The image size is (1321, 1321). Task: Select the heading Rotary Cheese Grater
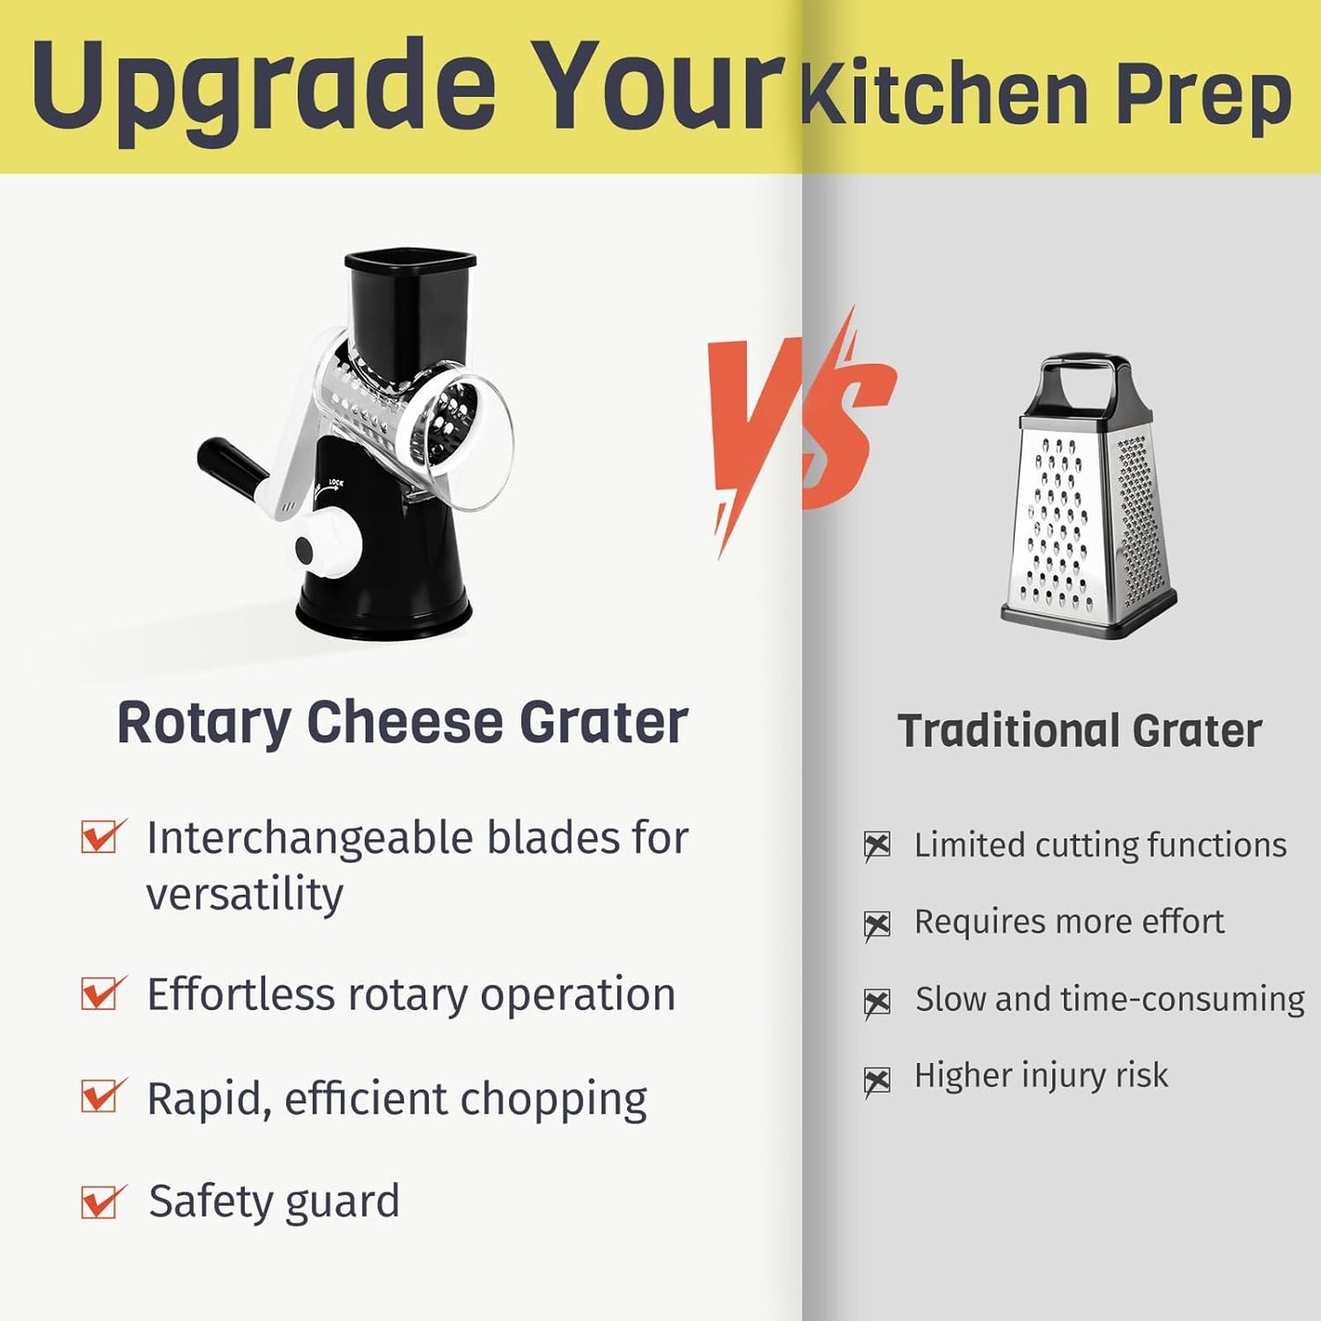point(402,722)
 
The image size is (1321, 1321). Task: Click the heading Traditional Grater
point(1080,731)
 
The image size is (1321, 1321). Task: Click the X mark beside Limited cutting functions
point(877,847)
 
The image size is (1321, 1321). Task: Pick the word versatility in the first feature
point(244,894)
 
